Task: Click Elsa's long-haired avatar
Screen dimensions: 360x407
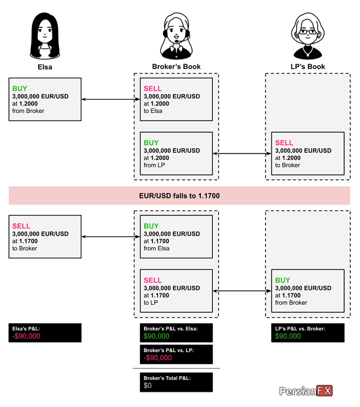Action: (x=45, y=36)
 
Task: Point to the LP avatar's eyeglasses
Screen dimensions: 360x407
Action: (x=308, y=32)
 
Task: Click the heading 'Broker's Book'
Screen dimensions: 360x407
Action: (x=176, y=67)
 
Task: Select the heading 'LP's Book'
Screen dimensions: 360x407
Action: (x=308, y=67)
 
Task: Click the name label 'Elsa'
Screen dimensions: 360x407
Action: (x=45, y=67)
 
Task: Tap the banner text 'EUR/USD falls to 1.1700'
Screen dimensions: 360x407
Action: (x=179, y=196)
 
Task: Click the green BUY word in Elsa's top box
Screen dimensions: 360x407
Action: (x=20, y=88)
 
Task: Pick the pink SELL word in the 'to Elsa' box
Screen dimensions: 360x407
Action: (x=153, y=88)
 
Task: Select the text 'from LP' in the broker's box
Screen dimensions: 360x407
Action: (x=154, y=165)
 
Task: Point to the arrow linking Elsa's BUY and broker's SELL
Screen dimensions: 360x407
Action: (x=111, y=99)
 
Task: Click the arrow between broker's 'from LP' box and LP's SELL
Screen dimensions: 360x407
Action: (x=242, y=154)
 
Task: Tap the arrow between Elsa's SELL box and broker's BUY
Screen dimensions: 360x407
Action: (x=111, y=236)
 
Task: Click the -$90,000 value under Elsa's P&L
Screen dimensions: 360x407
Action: (x=26, y=336)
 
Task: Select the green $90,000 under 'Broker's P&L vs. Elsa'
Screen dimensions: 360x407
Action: (x=156, y=336)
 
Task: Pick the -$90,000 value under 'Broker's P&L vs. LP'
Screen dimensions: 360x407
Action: (x=158, y=358)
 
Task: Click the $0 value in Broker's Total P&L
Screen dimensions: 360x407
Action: (x=148, y=386)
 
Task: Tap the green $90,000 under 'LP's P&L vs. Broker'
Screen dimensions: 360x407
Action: (x=288, y=336)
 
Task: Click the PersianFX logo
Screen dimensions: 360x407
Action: (x=306, y=391)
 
